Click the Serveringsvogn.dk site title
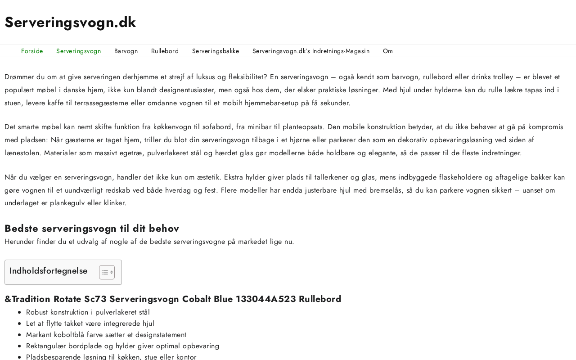[x=70, y=22]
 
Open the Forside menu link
[x=32, y=51]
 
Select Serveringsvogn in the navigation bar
[x=78, y=51]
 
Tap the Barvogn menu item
[x=126, y=51]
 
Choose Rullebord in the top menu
[x=165, y=51]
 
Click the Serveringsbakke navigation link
[x=216, y=51]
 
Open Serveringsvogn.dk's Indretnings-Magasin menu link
[x=311, y=51]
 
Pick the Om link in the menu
[x=388, y=51]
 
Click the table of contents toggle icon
[x=107, y=272]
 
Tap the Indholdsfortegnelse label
[x=49, y=271]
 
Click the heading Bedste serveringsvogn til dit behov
[x=92, y=228]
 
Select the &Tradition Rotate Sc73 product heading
[x=173, y=299]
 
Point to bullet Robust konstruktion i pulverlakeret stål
[x=88, y=312]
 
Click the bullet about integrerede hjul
[x=90, y=324]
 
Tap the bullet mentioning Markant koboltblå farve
[x=106, y=335]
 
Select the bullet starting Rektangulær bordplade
[x=122, y=346]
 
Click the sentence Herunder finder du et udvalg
[x=149, y=242]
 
